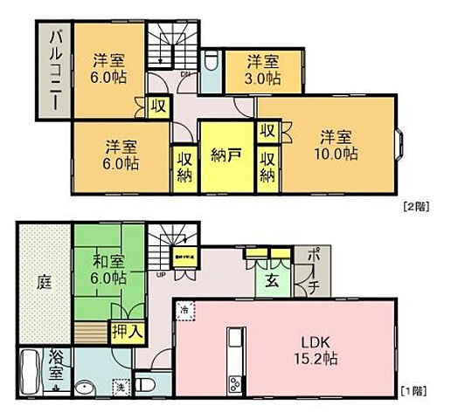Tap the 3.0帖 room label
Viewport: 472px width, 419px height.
(x=262, y=70)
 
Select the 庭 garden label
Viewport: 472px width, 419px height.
(x=44, y=281)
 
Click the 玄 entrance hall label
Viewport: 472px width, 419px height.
(x=274, y=279)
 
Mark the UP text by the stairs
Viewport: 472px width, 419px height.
(x=160, y=277)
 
